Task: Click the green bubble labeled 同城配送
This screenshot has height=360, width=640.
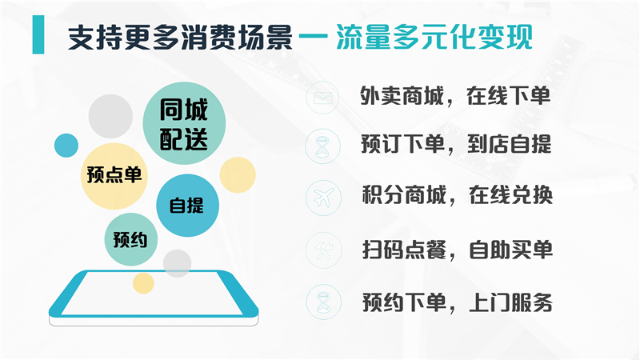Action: point(184,126)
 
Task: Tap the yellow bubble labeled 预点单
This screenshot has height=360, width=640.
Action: point(114,174)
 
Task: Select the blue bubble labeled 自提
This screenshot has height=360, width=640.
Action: point(186,205)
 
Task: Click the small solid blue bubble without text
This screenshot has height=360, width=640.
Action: point(66,146)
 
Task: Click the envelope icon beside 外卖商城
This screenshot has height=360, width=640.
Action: point(322,97)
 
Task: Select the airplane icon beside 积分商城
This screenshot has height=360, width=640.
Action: point(322,197)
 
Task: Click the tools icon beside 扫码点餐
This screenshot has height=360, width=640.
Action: point(322,250)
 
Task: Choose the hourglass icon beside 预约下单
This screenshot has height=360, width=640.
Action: point(322,302)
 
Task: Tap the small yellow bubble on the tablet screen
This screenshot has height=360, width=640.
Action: point(143,282)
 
